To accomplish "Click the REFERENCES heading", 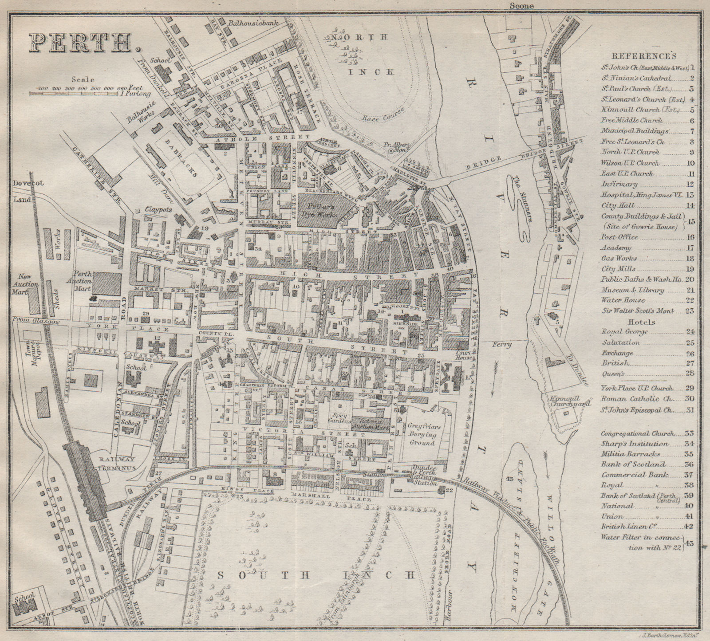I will point(644,56).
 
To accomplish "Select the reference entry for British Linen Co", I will point(629,527).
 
